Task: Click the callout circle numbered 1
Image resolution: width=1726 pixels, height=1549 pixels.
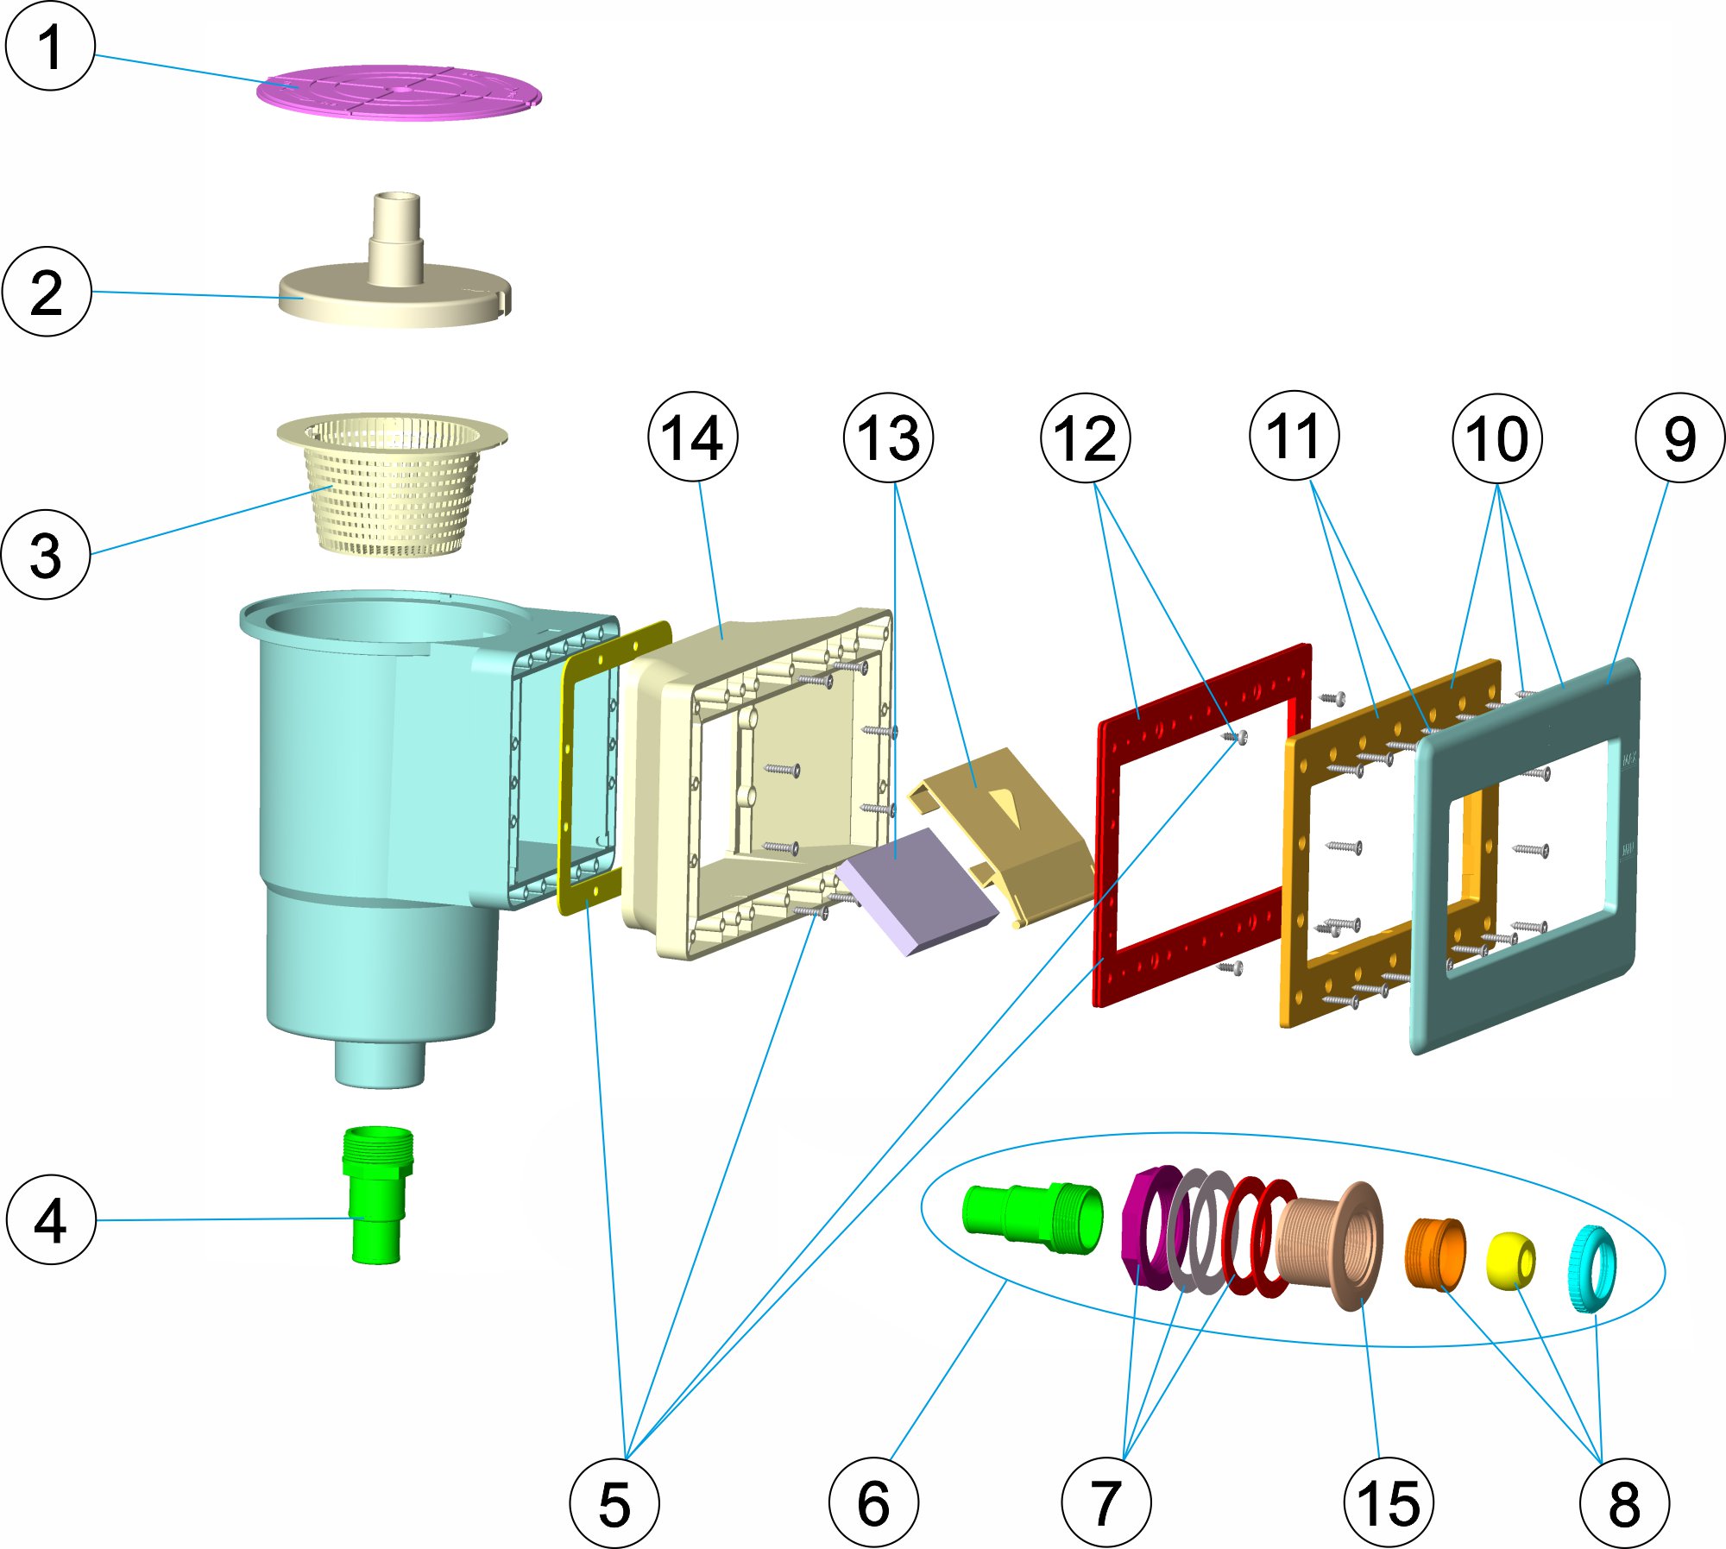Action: [x=49, y=46]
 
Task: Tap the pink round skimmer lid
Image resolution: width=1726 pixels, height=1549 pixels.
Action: [x=399, y=91]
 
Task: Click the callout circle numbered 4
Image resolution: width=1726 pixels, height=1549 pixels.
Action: [x=51, y=1219]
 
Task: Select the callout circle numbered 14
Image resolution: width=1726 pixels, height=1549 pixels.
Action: [x=693, y=438]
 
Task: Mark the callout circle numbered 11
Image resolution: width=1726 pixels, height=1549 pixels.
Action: [x=1294, y=436]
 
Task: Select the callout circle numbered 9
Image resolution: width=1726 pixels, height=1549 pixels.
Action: [x=1679, y=438]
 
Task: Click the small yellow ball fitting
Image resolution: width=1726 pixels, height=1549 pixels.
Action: [x=1510, y=1260]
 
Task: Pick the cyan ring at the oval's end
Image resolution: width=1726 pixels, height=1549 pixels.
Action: [x=1591, y=1269]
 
